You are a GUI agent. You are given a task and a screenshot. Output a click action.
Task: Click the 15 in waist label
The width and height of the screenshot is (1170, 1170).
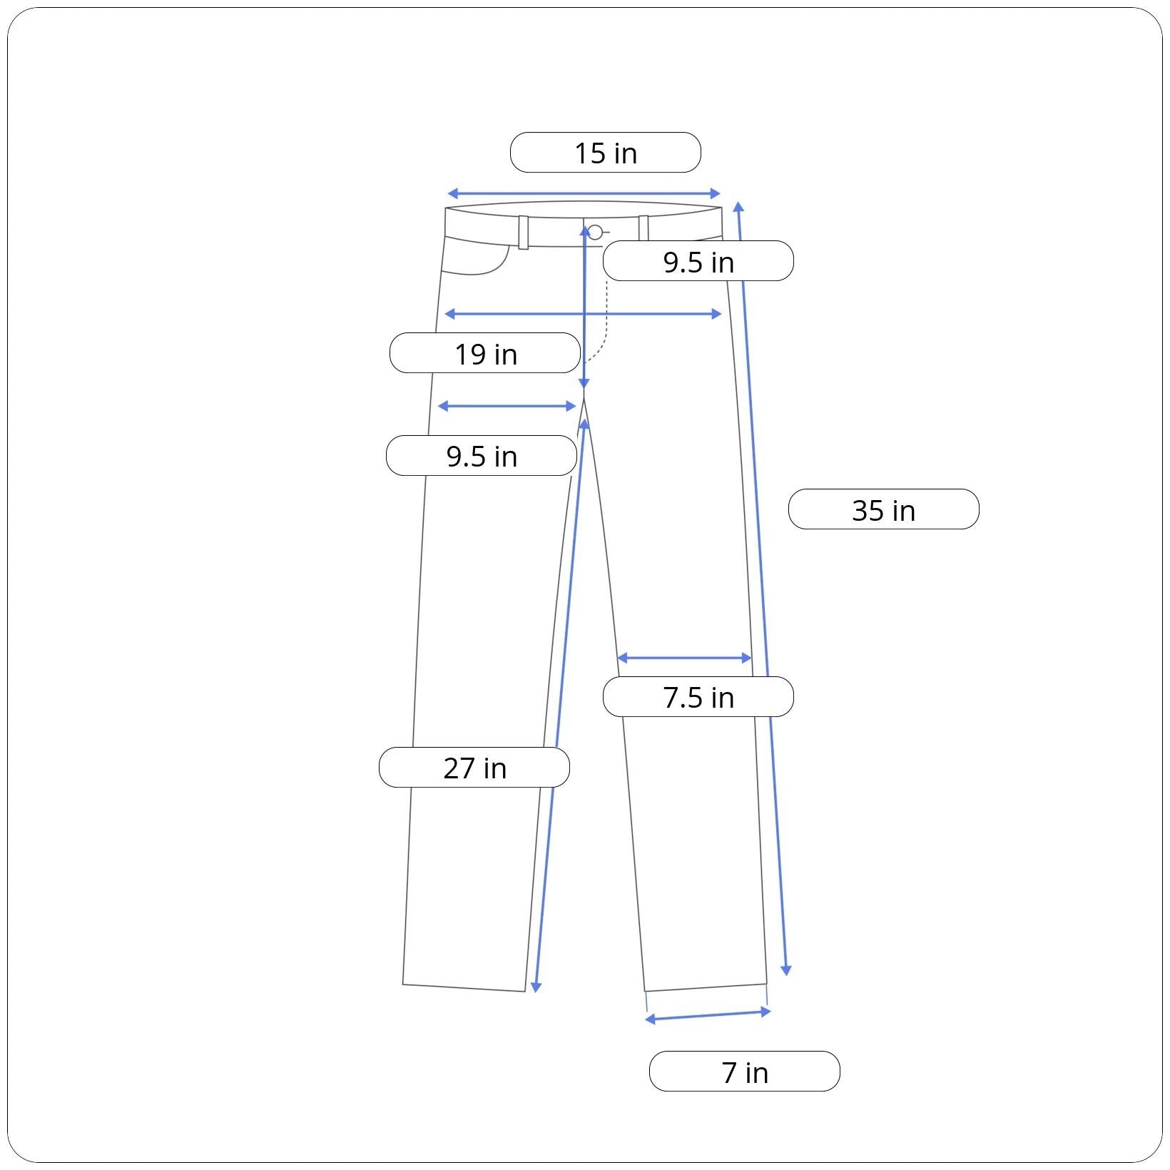click(606, 153)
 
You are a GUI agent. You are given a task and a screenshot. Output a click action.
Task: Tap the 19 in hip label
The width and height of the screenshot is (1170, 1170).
click(485, 353)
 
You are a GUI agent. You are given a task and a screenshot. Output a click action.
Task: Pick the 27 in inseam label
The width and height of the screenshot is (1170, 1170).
click(474, 768)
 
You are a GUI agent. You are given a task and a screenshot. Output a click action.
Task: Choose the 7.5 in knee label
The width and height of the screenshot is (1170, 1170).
click(698, 697)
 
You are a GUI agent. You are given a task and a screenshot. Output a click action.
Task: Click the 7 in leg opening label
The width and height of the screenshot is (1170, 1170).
click(745, 1072)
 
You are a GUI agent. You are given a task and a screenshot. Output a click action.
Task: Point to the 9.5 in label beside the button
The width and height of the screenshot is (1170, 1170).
click(698, 261)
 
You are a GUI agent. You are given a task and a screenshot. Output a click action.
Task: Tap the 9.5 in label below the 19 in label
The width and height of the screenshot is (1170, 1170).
click(482, 456)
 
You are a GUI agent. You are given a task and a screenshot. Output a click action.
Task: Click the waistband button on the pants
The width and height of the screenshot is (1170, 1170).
click(595, 233)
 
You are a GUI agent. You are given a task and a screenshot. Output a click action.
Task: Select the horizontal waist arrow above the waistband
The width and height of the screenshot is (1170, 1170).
click(584, 193)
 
